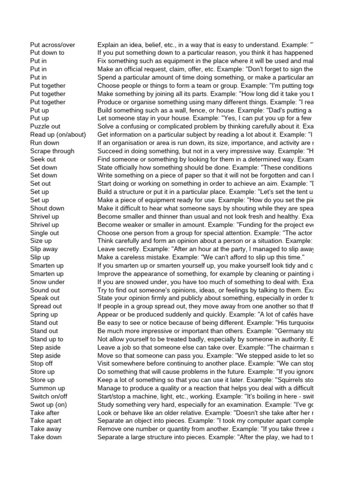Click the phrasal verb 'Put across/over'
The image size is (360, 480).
52,45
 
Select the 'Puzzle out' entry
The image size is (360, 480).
46,127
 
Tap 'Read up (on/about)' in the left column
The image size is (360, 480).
58,135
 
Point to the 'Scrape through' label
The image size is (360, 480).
52,151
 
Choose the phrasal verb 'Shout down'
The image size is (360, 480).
47,208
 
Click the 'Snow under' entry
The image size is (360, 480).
47,282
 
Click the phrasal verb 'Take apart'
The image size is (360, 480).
46,421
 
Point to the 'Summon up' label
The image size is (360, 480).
47,388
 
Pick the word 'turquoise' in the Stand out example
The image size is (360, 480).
299,323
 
